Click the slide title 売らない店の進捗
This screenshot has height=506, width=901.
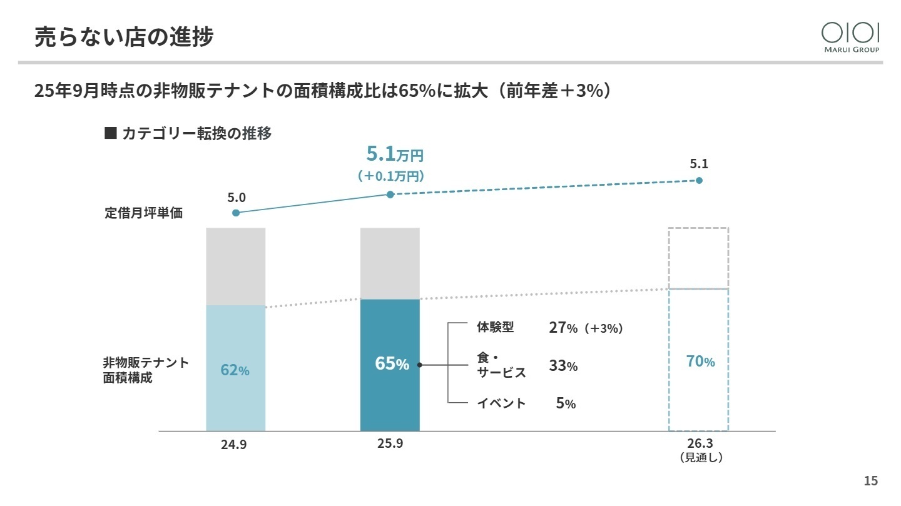click(x=124, y=37)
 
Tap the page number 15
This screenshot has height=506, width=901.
click(x=870, y=480)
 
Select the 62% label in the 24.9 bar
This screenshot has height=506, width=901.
click(x=235, y=370)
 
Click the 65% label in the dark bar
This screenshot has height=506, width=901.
click(x=392, y=363)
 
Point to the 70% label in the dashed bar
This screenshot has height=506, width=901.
click(x=700, y=361)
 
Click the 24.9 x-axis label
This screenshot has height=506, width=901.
click(x=235, y=446)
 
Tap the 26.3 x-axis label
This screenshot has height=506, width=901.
click(x=700, y=444)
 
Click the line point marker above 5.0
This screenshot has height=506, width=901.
click(x=236, y=213)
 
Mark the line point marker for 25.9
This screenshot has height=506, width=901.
click(x=390, y=195)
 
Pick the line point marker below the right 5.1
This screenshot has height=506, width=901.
click(x=699, y=180)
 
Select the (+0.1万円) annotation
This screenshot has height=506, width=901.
click(x=391, y=176)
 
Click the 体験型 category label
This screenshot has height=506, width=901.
click(x=495, y=327)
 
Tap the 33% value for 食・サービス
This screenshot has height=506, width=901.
click(x=563, y=366)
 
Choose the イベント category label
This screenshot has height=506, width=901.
click(x=501, y=403)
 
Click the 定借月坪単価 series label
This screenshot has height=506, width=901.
click(x=143, y=213)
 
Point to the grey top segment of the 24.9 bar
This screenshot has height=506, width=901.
click(x=235, y=266)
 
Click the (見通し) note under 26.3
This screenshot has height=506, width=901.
click(x=701, y=458)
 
